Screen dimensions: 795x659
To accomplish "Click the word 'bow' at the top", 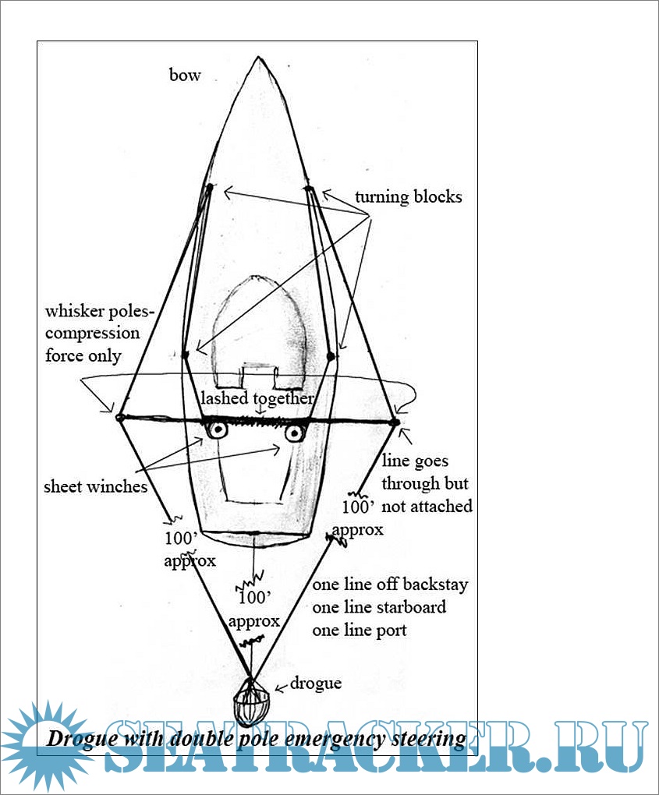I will click(x=185, y=75).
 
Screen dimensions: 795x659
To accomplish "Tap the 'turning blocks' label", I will click(x=408, y=196).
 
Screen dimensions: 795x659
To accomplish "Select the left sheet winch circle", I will click(x=217, y=430).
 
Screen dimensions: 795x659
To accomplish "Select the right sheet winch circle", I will click(x=293, y=433).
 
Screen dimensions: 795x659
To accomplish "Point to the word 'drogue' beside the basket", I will click(x=316, y=684).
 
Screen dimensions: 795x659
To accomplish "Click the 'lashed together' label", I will click(x=257, y=398).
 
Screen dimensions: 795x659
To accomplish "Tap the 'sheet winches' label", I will click(x=96, y=487).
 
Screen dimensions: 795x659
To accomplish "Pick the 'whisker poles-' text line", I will click(x=100, y=312).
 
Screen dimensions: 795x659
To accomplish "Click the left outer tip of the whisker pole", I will click(x=119, y=418).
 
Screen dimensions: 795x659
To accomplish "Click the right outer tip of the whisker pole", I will click(x=395, y=422).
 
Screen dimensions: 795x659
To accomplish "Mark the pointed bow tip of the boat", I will click(x=258, y=58).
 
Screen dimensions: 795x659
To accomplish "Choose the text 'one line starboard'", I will click(x=380, y=607).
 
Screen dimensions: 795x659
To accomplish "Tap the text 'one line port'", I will click(x=360, y=630).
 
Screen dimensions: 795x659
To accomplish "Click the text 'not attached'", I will click(x=427, y=506).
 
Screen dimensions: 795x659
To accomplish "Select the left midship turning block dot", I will click(x=185, y=356).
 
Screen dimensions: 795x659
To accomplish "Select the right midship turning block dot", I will click(x=331, y=356).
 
